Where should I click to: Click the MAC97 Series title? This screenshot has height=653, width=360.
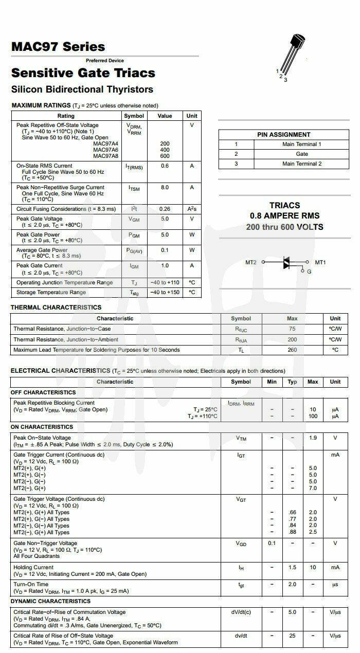point(58,47)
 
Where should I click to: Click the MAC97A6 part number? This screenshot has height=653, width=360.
point(105,150)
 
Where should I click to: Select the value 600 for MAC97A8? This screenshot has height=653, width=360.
point(165,156)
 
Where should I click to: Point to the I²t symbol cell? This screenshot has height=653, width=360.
point(134,209)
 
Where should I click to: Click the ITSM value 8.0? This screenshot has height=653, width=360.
point(165,188)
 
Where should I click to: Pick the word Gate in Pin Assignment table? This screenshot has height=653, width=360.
point(302,154)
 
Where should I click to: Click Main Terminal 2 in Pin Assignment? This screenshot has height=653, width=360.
point(302,164)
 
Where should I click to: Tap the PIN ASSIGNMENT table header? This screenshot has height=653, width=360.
point(284,135)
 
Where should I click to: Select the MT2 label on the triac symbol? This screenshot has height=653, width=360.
point(250,262)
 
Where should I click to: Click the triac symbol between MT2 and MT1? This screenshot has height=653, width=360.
point(287,263)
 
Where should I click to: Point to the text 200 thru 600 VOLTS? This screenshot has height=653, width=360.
point(284,227)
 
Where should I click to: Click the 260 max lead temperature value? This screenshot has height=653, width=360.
point(292,350)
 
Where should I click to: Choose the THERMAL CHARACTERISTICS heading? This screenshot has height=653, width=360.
point(56,307)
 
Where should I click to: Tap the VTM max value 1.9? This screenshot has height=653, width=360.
point(313,438)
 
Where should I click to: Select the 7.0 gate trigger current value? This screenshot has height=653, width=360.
point(313,488)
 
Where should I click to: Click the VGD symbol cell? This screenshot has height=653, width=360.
point(241,543)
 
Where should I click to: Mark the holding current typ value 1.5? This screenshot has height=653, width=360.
point(292,567)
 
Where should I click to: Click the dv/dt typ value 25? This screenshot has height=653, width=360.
point(292,636)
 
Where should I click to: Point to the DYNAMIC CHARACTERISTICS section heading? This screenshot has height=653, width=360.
point(50,601)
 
